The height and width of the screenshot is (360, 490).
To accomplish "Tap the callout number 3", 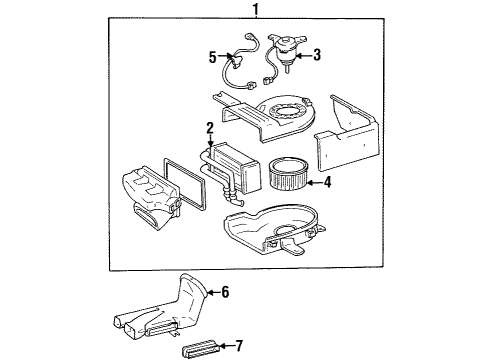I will [x=317, y=56].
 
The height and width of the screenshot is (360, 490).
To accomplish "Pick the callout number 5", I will [x=210, y=56].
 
